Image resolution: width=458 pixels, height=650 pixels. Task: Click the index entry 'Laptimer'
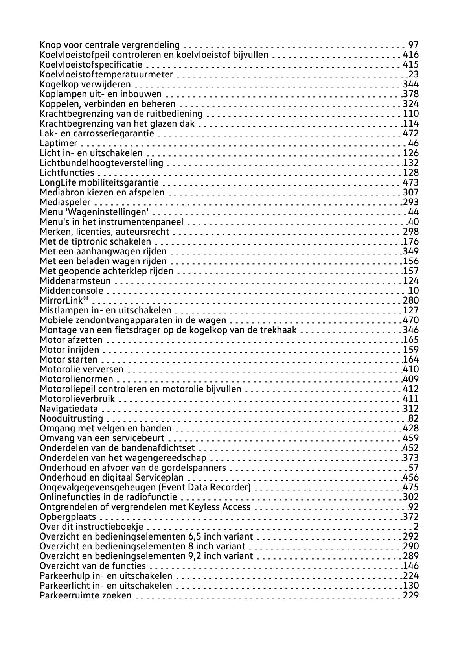(x=59, y=144)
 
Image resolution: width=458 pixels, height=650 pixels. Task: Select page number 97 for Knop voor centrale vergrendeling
(x=413, y=45)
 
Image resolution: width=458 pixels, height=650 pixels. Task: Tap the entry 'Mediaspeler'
(x=65, y=203)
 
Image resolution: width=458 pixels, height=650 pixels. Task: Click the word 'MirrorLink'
(x=62, y=301)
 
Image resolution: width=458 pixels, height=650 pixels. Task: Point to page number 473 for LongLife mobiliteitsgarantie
(x=410, y=183)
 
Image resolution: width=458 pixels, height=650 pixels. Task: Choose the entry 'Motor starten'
(x=68, y=360)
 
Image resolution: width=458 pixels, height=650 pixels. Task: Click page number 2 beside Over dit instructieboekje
(x=416, y=527)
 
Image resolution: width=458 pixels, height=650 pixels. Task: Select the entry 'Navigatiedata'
(x=69, y=409)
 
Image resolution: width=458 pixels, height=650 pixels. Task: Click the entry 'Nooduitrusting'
(x=72, y=419)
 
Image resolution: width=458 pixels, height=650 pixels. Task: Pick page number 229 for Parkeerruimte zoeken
(x=410, y=596)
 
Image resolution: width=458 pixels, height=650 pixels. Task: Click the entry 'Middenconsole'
(x=72, y=291)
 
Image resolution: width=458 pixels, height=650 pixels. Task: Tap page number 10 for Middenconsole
(x=413, y=291)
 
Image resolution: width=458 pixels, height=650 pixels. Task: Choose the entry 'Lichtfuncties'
(x=67, y=173)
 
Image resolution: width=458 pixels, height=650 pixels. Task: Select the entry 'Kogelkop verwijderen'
(x=85, y=85)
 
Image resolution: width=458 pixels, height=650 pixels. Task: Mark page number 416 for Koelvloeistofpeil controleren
(x=410, y=55)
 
